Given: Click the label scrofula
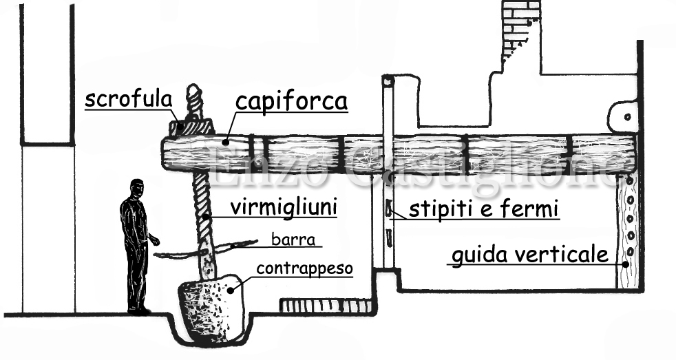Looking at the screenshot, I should click(x=128, y=99).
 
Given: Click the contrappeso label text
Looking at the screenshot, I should click(x=304, y=268).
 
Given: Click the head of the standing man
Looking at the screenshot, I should click(x=137, y=188).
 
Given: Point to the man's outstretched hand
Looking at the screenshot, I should click(x=156, y=240).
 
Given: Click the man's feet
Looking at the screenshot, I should click(x=138, y=311).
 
